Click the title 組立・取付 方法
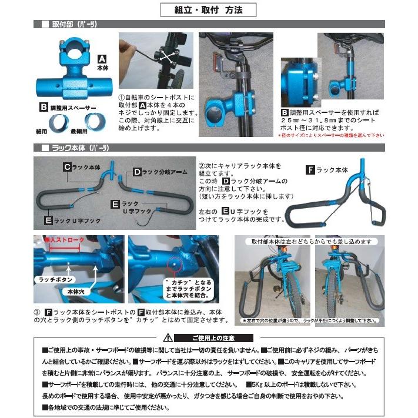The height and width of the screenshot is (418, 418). pyautogui.click(x=209, y=9)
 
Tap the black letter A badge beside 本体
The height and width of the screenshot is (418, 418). pyautogui.click(x=101, y=59)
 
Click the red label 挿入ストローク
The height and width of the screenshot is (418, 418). pyautogui.click(x=65, y=240)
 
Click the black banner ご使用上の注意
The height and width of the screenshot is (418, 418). pyautogui.click(x=214, y=338)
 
